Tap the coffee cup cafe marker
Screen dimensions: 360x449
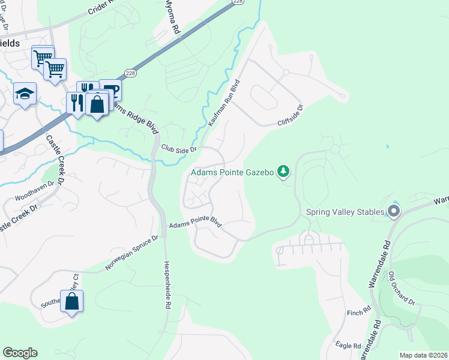coord(111,91)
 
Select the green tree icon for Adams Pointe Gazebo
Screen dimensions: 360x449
coord(283,172)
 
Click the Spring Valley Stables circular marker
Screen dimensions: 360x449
coord(394,211)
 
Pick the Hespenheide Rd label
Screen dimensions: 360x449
coord(166,285)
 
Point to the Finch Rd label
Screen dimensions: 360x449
coord(359,313)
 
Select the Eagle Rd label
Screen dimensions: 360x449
coord(348,346)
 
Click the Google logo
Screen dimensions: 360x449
coord(20,353)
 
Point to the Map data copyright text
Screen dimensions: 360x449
coord(423,355)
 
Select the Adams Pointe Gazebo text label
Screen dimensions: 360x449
coord(232,173)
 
